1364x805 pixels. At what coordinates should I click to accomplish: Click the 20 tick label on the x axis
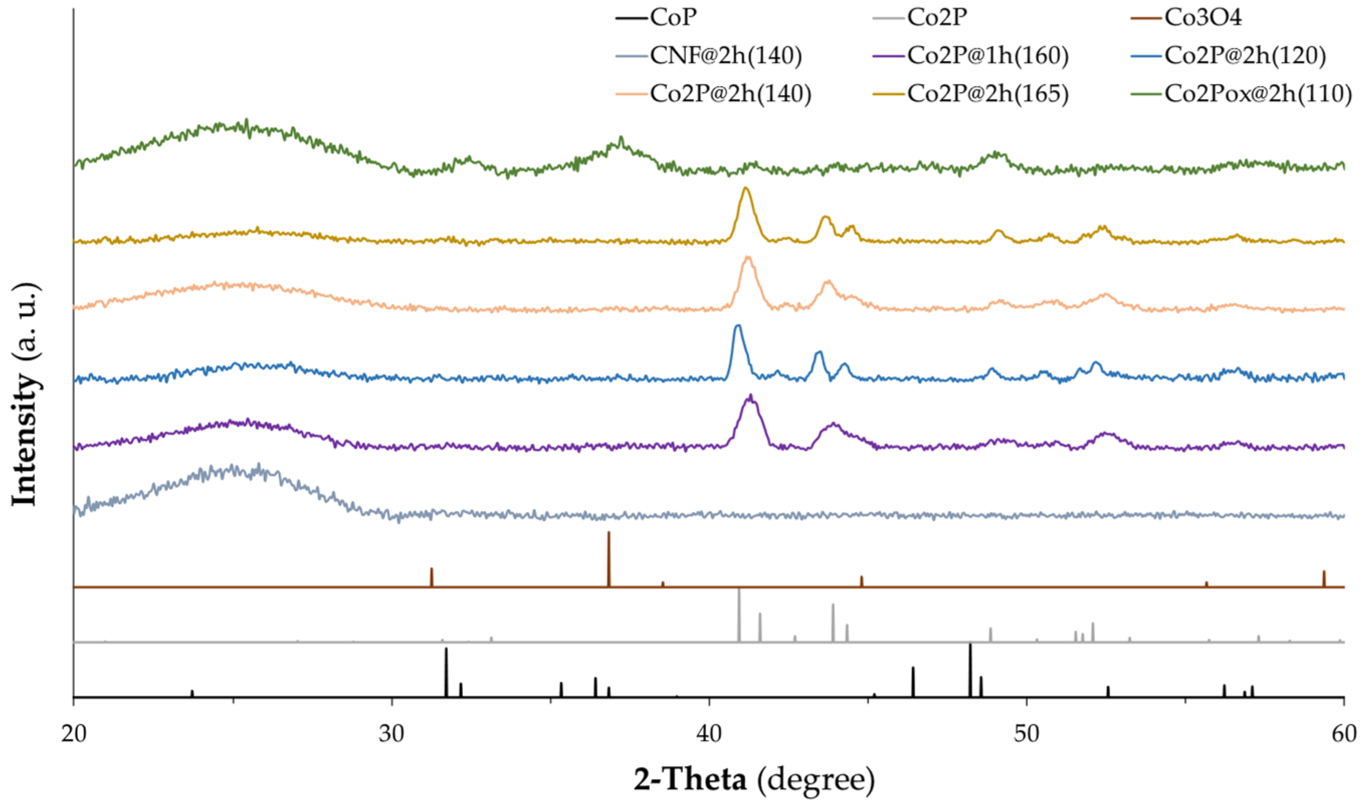pyautogui.click(x=73, y=733)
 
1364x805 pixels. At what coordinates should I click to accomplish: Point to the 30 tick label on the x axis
pyautogui.click(x=391, y=733)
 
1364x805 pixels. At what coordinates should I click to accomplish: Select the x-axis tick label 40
pyautogui.click(x=709, y=733)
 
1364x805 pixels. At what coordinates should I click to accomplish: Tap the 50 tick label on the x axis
pyautogui.click(x=1026, y=733)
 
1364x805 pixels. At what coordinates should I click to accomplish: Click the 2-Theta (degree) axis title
pyautogui.click(x=754, y=780)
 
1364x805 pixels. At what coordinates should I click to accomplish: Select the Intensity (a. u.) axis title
pyautogui.click(x=26, y=394)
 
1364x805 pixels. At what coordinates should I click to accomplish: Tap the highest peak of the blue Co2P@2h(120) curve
pyautogui.click(x=738, y=325)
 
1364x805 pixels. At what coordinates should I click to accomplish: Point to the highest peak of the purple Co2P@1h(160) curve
pyautogui.click(x=751, y=396)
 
